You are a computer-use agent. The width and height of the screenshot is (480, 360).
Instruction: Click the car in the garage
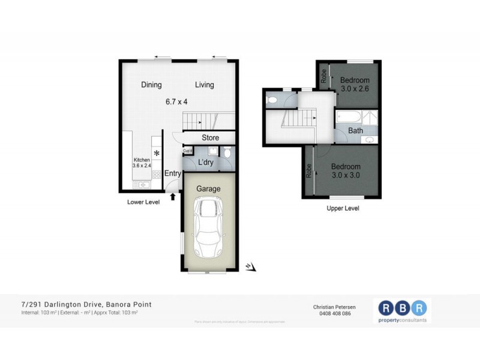pos(207,229)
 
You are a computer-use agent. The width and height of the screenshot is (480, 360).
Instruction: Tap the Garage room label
pos(209,188)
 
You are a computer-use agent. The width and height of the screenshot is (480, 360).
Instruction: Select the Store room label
pos(210,138)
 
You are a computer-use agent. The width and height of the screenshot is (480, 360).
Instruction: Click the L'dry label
pos(205,162)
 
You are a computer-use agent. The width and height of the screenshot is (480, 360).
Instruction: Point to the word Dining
pos(151,85)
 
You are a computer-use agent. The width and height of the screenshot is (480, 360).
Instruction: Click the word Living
pos(204,85)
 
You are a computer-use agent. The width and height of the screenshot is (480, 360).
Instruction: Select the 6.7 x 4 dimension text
pos(181,101)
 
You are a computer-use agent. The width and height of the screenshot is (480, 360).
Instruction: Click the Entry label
pos(173,174)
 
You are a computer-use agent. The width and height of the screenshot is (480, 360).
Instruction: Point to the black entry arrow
pos(174,196)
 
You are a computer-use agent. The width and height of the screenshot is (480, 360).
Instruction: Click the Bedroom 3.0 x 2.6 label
pos(354,85)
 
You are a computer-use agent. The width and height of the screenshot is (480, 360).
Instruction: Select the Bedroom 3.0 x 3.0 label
pos(346,171)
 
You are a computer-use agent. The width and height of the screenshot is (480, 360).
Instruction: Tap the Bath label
pos(356,130)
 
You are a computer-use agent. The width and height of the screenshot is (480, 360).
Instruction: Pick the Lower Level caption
pos(143,202)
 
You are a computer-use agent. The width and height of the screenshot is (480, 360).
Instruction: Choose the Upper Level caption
pos(343,208)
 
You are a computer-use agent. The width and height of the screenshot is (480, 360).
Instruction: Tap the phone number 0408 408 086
pos(335,314)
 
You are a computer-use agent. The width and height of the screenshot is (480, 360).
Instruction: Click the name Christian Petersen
pos(335,305)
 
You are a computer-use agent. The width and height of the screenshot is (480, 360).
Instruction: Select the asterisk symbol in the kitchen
pos(157,154)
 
